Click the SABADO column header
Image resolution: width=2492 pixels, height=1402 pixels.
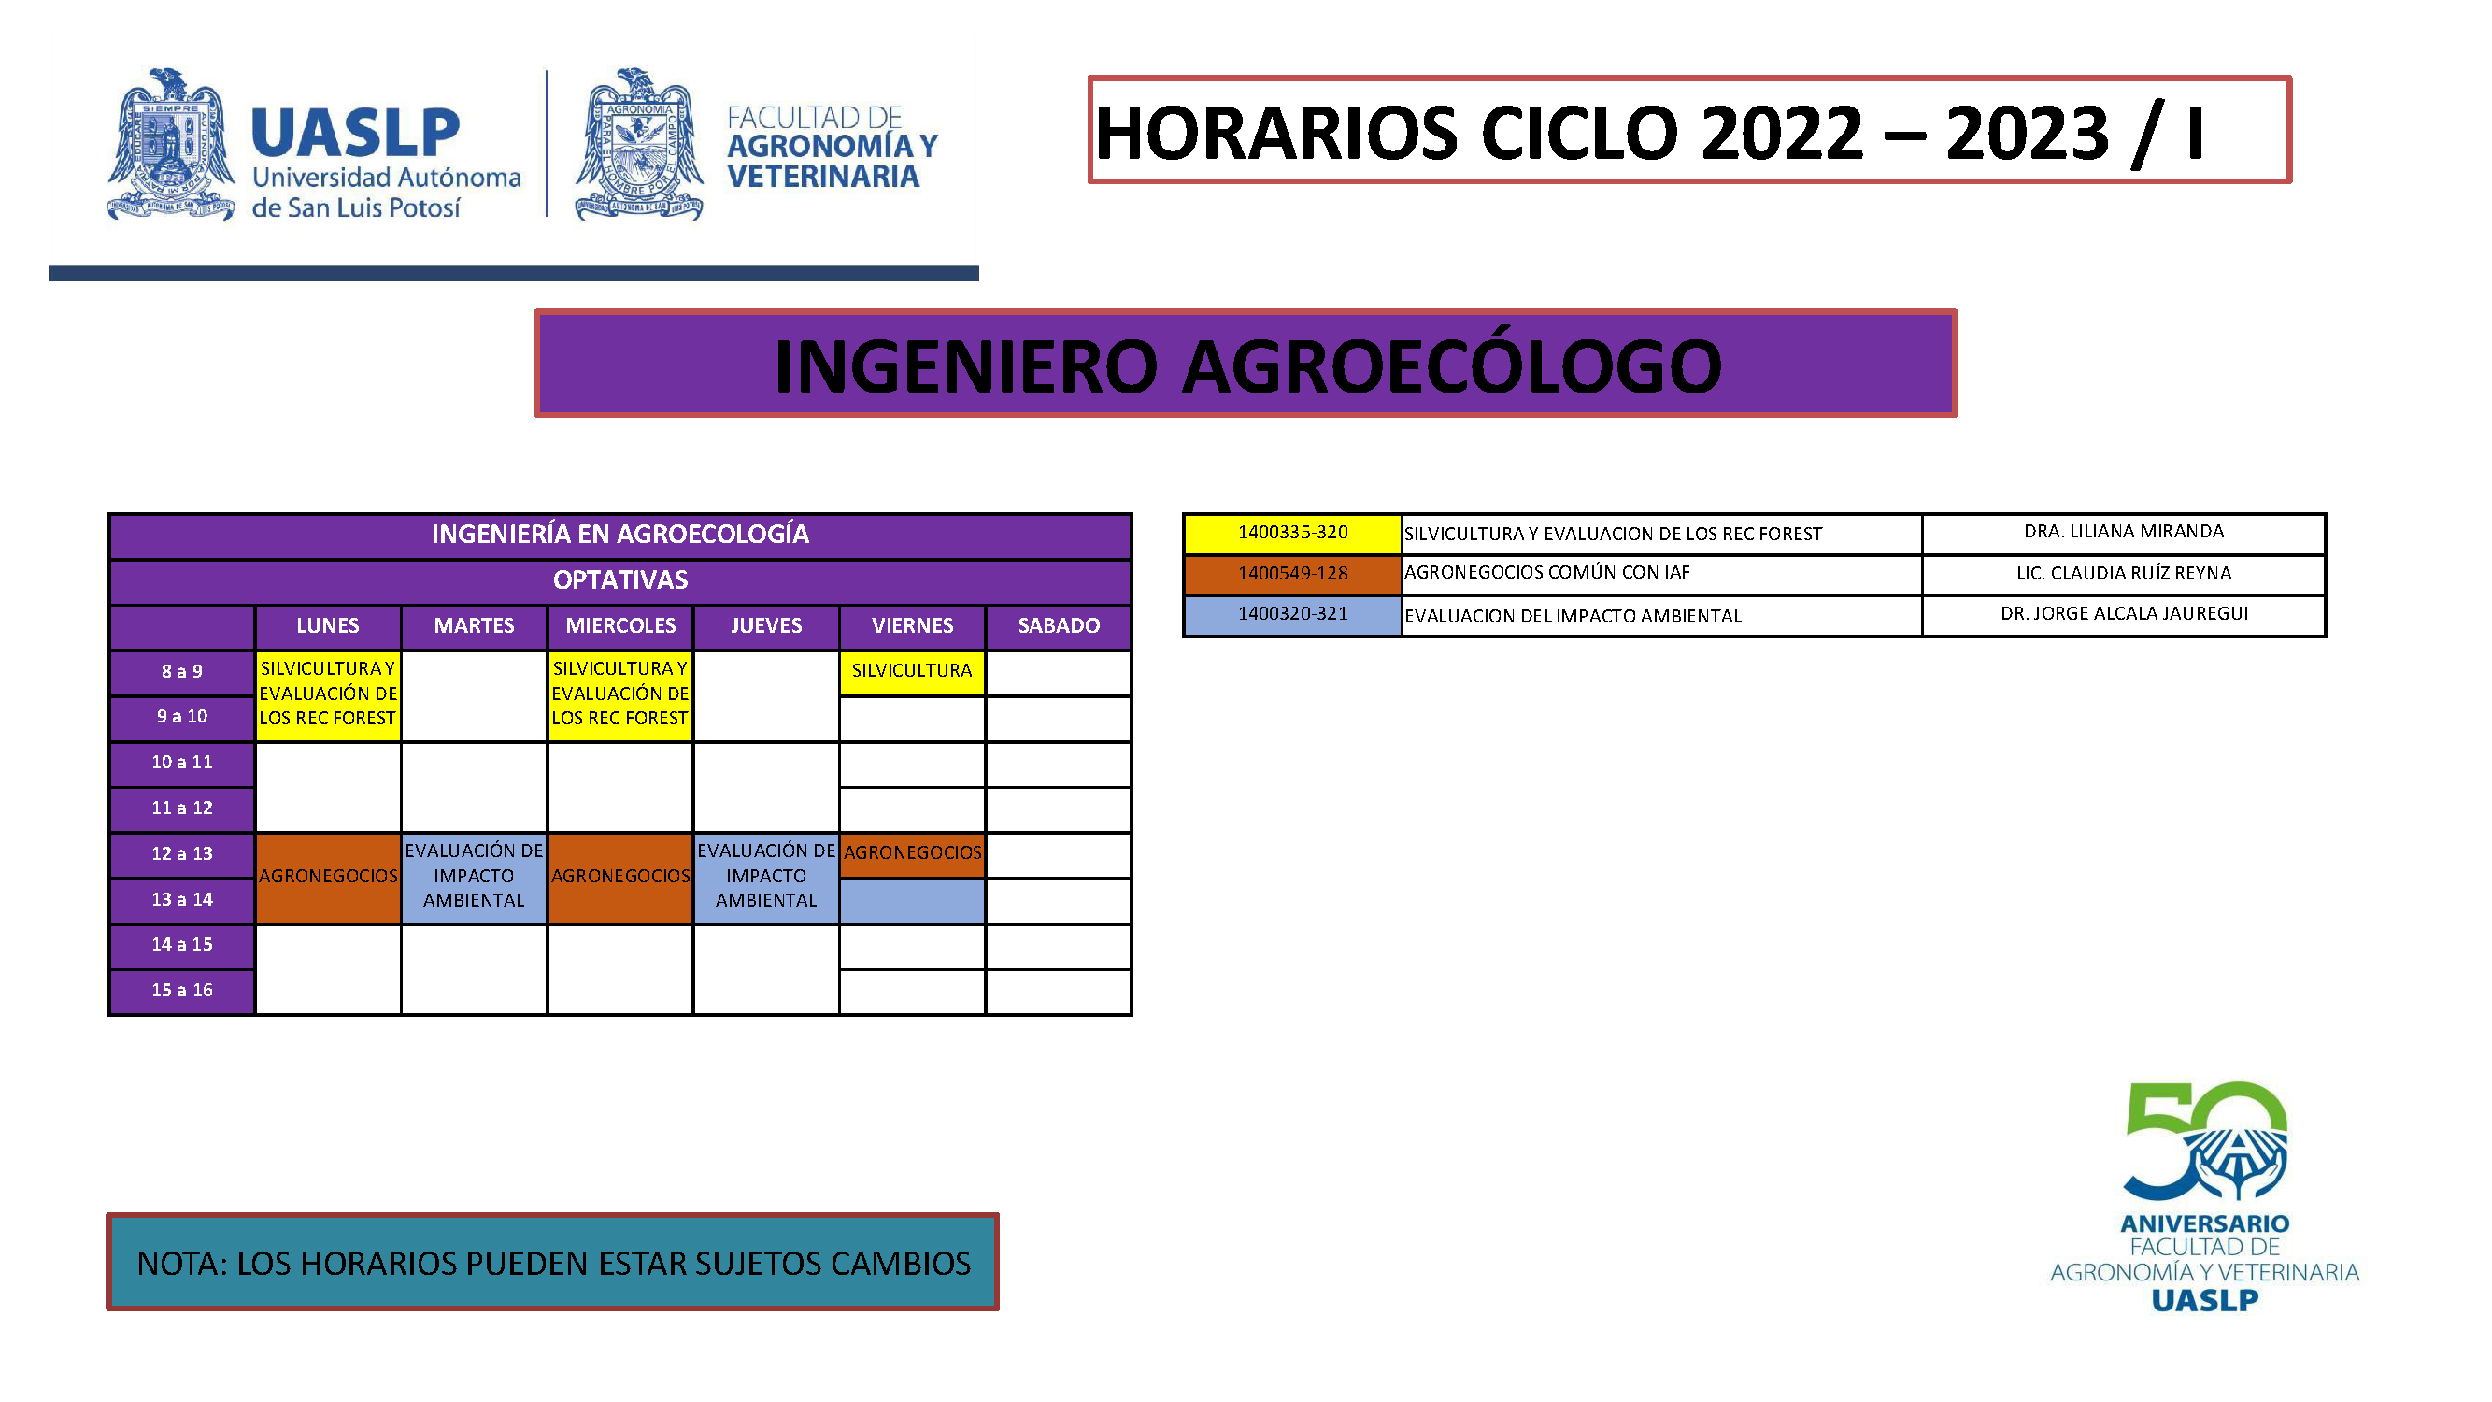click(x=1059, y=626)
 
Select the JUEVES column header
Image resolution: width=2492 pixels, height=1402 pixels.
click(x=766, y=626)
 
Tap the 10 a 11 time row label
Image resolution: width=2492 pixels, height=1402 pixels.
click(x=182, y=763)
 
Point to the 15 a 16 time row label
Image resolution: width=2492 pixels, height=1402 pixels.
click(x=182, y=991)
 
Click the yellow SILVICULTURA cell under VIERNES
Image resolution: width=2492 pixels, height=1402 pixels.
click(x=912, y=671)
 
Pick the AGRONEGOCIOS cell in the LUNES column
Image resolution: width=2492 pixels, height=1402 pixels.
click(x=328, y=877)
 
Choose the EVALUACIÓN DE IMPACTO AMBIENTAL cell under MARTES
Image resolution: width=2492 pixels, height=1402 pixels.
click(x=474, y=877)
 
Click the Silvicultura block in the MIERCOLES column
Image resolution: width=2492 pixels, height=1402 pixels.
click(x=620, y=694)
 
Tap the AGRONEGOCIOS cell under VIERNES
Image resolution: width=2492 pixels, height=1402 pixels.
click(x=912, y=853)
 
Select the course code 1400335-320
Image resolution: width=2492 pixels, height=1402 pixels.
click(x=1292, y=533)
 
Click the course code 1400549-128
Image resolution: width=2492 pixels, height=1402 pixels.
click(x=1292, y=574)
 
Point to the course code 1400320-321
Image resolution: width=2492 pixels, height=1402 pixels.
click(x=1292, y=614)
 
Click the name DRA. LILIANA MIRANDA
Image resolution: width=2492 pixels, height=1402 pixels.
click(x=2124, y=532)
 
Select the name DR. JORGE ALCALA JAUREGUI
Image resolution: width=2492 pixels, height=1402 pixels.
click(x=2124, y=614)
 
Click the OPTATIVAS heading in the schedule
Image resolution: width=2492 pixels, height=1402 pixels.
click(x=620, y=580)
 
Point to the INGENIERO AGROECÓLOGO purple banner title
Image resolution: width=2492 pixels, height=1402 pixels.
click(x=1247, y=366)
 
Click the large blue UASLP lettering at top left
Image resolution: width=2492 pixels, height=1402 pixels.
click(x=355, y=133)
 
